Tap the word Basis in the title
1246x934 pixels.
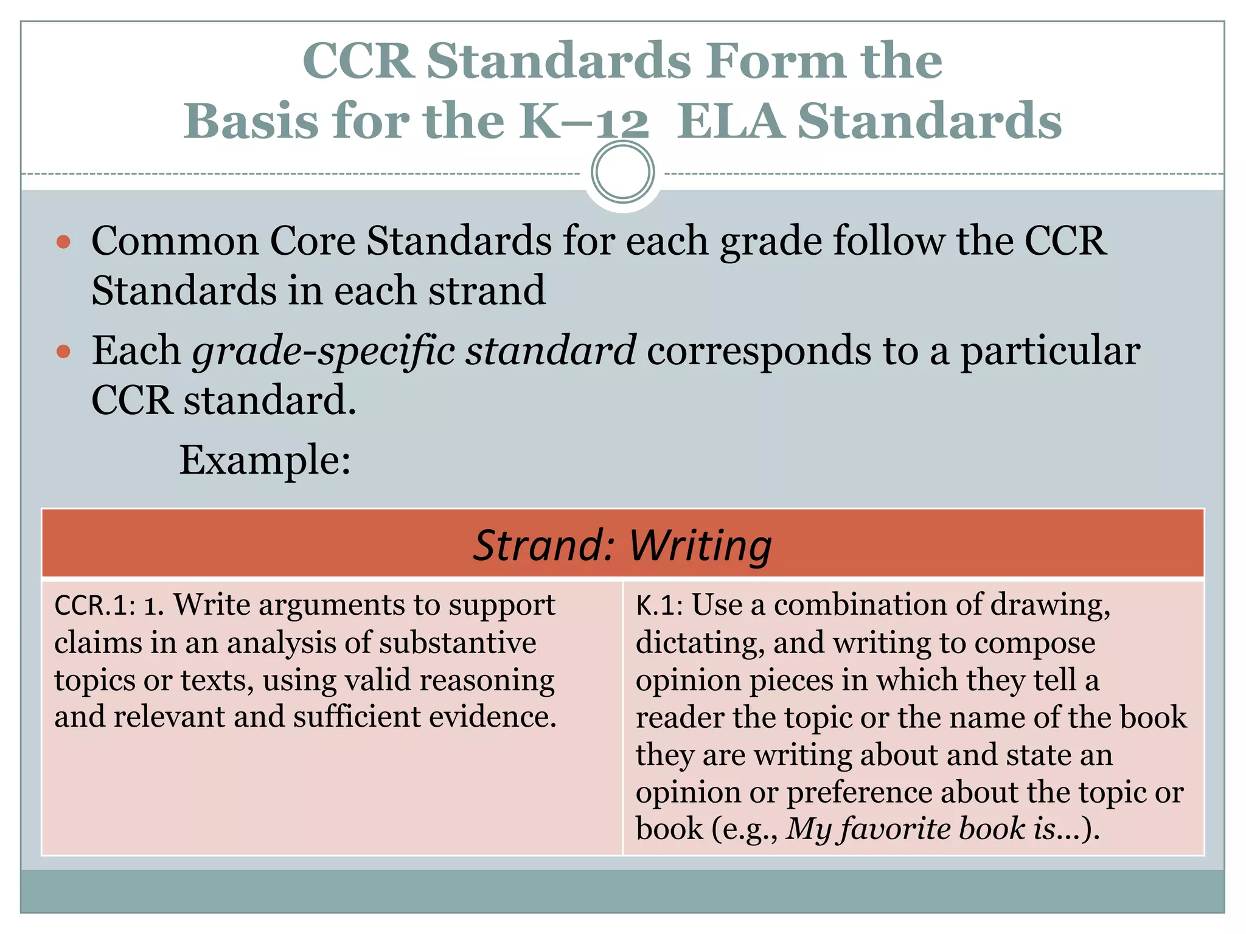coord(251,121)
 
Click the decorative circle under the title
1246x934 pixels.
coord(622,172)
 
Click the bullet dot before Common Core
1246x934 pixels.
coord(63,243)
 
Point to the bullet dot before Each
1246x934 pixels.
coord(63,351)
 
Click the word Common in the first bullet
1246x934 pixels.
coord(175,241)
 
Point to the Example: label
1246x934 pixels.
coord(265,460)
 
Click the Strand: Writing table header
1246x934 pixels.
coord(622,545)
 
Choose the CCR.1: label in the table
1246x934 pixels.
coord(94,606)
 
